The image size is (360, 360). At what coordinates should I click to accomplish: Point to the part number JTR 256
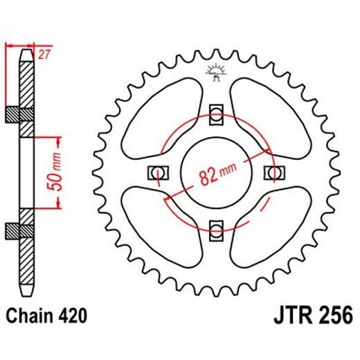308,316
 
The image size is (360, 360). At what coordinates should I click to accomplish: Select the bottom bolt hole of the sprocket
215,228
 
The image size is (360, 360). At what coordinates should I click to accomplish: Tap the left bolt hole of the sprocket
157,171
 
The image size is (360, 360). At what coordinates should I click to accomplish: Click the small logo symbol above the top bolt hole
215,72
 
